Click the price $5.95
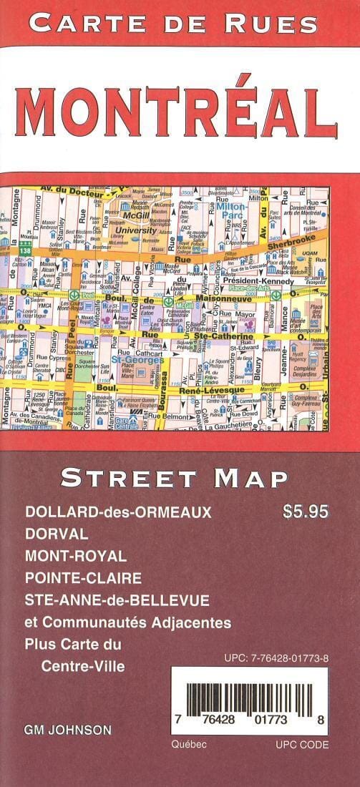306,512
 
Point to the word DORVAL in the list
57,534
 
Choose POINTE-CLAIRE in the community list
82,578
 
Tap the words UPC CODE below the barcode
302,745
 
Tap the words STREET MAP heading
175,478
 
